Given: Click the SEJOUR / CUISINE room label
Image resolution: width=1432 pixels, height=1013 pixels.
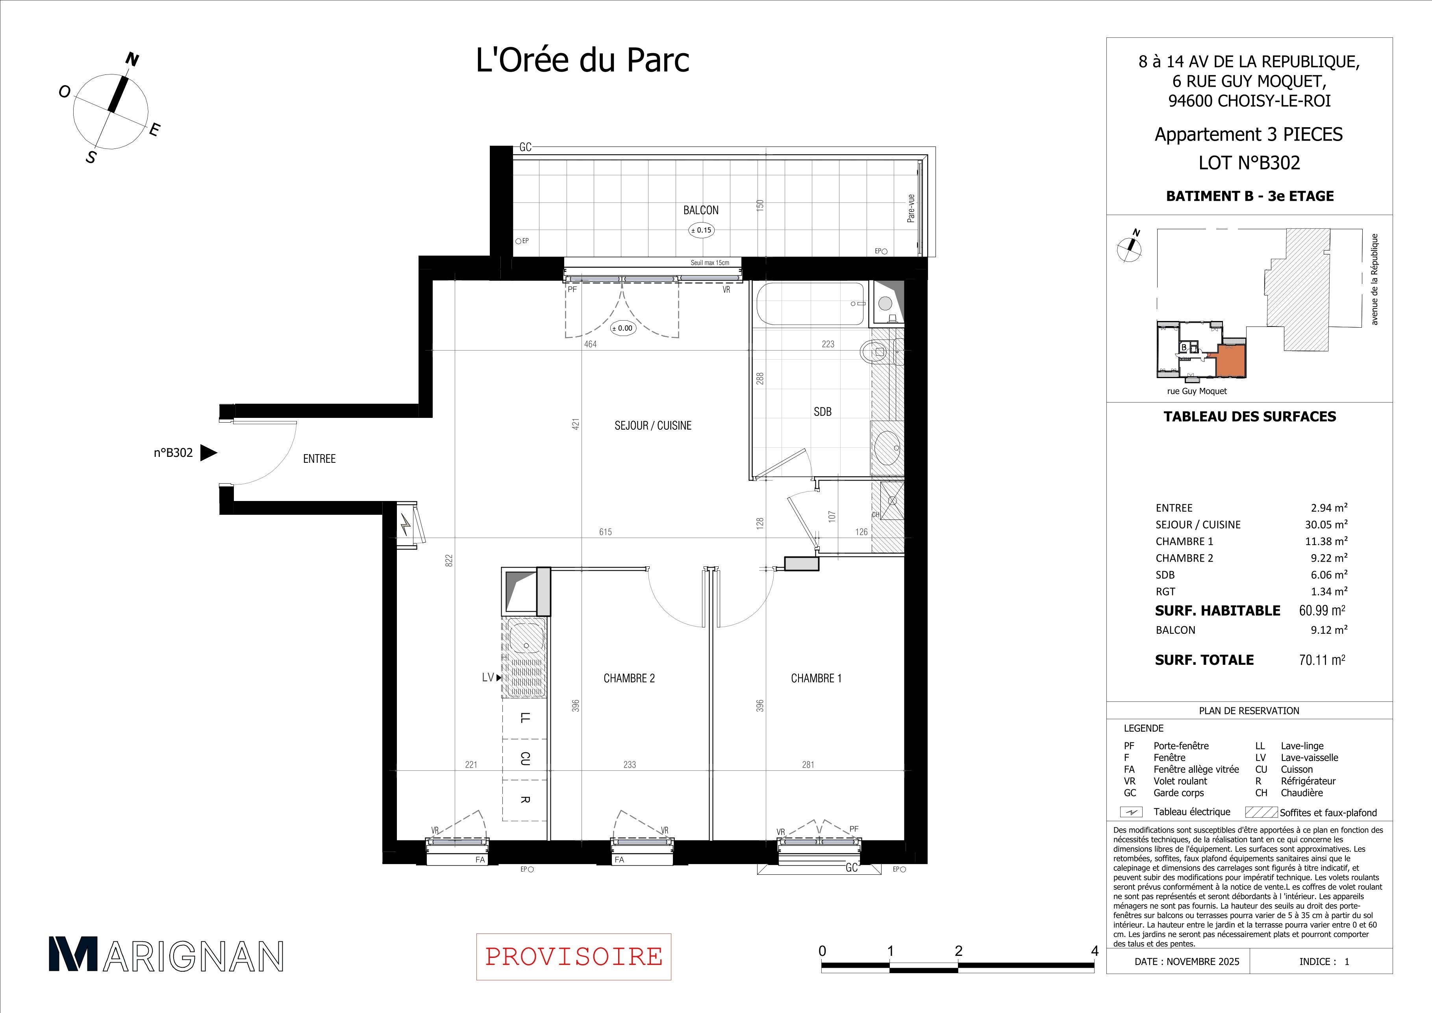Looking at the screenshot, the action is [653, 425].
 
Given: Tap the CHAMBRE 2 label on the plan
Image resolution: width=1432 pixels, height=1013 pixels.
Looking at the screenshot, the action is [629, 678].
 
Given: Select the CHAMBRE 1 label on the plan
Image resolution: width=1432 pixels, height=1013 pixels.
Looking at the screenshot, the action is [817, 678].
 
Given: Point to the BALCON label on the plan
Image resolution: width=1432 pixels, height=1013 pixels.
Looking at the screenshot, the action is [701, 210].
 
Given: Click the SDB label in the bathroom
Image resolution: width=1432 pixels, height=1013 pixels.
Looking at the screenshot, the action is [823, 412].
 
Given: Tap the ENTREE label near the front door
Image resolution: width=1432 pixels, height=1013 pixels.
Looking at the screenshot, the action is [319, 458].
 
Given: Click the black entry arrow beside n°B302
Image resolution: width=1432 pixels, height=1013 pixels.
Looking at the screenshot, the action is [208, 453].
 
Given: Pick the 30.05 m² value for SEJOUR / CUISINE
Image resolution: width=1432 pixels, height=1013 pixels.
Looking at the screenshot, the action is [1326, 525].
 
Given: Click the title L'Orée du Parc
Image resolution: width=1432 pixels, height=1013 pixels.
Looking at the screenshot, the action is [583, 61].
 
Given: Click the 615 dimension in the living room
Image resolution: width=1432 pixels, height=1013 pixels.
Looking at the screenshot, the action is [605, 532].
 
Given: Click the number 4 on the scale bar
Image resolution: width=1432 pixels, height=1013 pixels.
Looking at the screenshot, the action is [1095, 951].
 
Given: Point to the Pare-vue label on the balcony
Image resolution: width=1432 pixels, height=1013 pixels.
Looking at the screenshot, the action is [911, 208].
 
